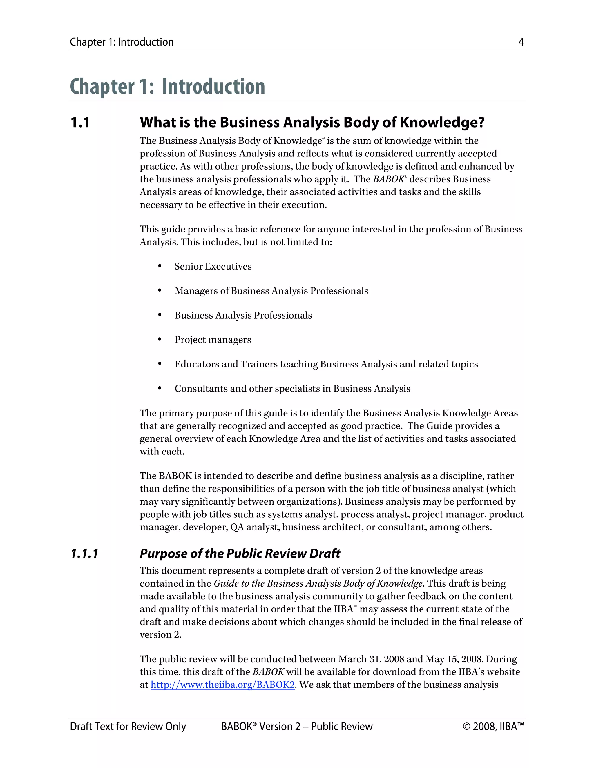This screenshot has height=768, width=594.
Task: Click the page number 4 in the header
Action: (521, 42)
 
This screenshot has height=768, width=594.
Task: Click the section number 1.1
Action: (80, 123)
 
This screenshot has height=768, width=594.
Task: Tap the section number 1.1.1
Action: (84, 554)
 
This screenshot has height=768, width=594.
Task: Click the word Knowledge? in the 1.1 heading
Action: (442, 123)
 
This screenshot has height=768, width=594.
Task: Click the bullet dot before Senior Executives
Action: (160, 266)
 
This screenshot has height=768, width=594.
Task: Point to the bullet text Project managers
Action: (213, 340)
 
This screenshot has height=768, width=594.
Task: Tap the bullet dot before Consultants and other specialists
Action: (160, 388)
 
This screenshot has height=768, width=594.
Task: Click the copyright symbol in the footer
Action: (467, 727)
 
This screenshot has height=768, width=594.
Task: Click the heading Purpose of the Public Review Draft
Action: (240, 554)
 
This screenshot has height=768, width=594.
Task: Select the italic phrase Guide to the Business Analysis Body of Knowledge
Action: (318, 583)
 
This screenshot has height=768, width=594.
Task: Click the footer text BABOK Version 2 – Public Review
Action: (296, 727)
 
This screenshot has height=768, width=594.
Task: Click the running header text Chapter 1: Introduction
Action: (122, 42)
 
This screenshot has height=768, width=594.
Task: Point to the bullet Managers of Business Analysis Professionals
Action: (271, 291)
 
